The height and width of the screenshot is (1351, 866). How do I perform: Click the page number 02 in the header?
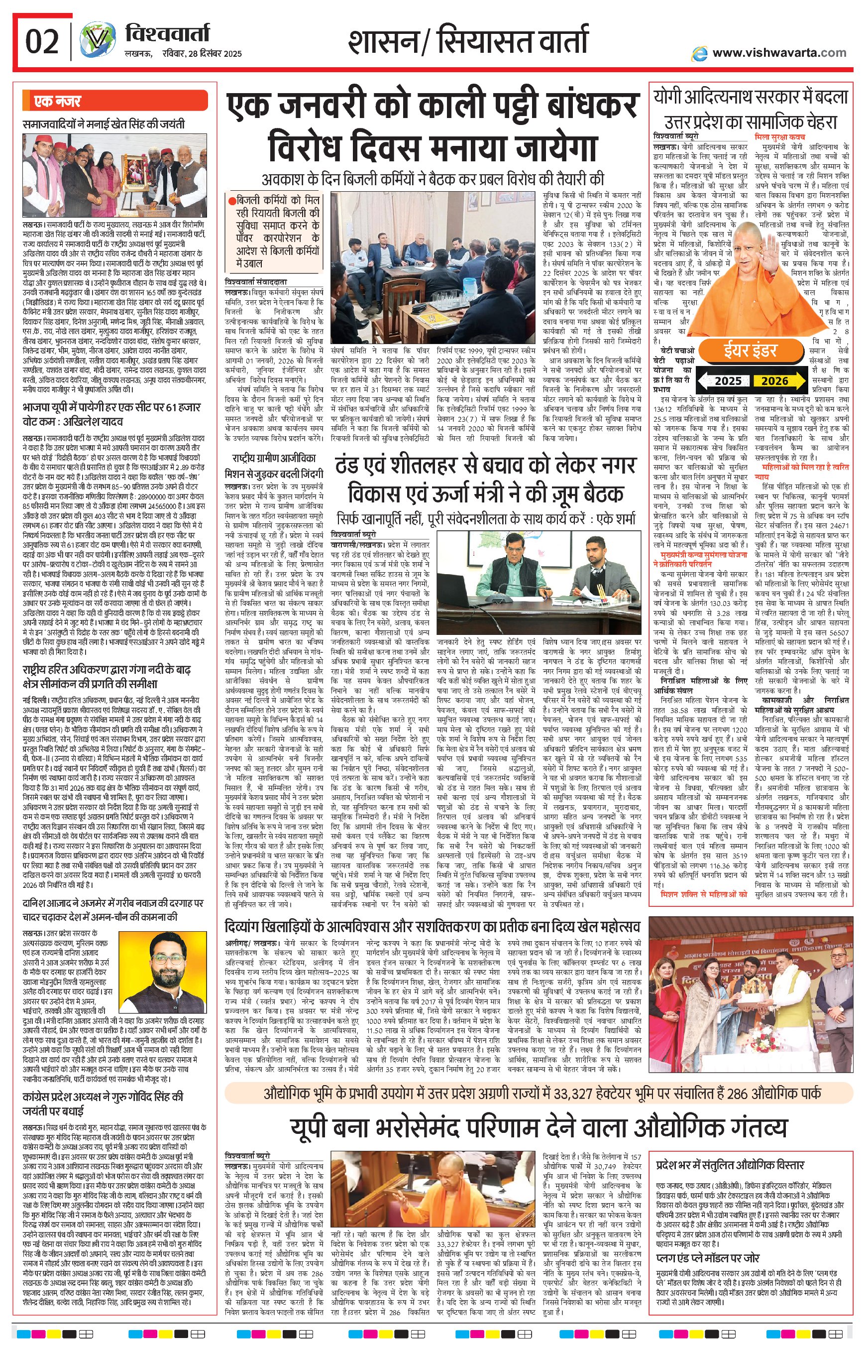[42, 42]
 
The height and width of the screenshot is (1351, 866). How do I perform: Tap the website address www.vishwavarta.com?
[779, 53]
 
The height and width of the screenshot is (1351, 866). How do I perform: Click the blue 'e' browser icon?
[700, 53]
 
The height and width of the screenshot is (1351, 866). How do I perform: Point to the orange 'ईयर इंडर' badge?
[750, 350]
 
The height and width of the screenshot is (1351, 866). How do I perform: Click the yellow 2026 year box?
[774, 381]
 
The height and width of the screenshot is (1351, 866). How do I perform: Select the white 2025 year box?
[728, 381]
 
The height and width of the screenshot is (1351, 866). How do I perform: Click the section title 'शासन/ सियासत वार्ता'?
[467, 42]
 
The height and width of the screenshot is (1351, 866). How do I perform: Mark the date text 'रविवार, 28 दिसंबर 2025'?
[183, 54]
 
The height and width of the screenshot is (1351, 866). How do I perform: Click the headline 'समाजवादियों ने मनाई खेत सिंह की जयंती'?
[104, 124]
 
